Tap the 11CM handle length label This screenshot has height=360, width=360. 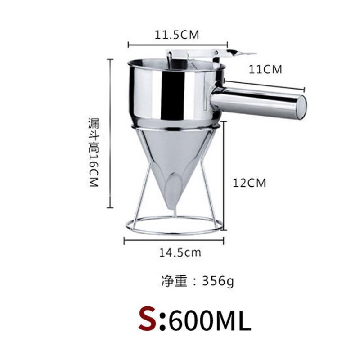click(x=265, y=69)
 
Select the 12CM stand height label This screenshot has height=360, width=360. click(x=249, y=183)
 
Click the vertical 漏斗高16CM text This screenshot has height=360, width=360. click(x=94, y=153)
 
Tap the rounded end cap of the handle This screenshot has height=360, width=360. click(x=300, y=108)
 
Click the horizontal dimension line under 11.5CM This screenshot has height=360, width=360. click(x=178, y=44)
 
